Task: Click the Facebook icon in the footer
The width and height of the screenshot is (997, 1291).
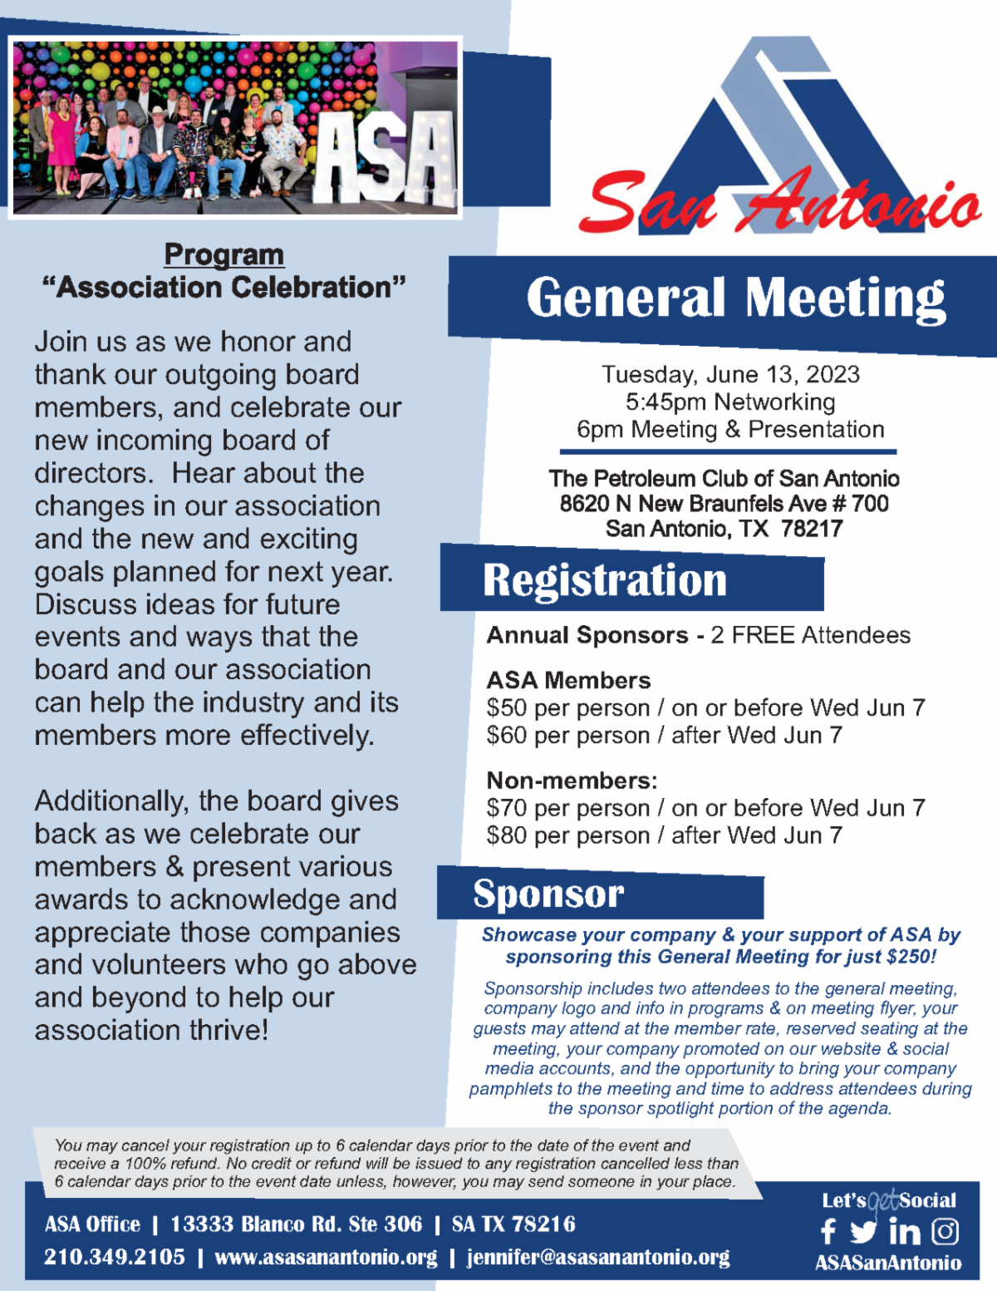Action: (828, 1231)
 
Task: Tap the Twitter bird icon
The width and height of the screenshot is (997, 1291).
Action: (863, 1231)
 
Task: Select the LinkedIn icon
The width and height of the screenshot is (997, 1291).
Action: (905, 1231)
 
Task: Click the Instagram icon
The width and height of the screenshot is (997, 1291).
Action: (945, 1231)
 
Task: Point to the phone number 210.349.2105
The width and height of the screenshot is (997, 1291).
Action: (115, 1257)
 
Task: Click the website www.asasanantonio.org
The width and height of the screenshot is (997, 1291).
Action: (326, 1257)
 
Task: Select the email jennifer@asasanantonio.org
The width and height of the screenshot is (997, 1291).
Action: (598, 1257)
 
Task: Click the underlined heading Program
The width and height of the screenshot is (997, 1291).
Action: (223, 254)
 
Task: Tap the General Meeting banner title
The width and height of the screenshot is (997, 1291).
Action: (736, 298)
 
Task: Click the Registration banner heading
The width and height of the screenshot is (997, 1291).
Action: (605, 580)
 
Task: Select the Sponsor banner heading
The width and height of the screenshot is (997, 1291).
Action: (548, 894)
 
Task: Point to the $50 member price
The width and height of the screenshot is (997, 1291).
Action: (507, 708)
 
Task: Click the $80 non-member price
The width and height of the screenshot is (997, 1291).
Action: (507, 835)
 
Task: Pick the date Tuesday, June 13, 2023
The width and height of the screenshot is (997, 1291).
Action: (730, 374)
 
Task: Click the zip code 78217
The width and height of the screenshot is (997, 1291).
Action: (812, 529)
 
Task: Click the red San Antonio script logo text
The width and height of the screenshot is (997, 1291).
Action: (781, 204)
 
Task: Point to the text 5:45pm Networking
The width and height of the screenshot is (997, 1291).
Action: (730, 402)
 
